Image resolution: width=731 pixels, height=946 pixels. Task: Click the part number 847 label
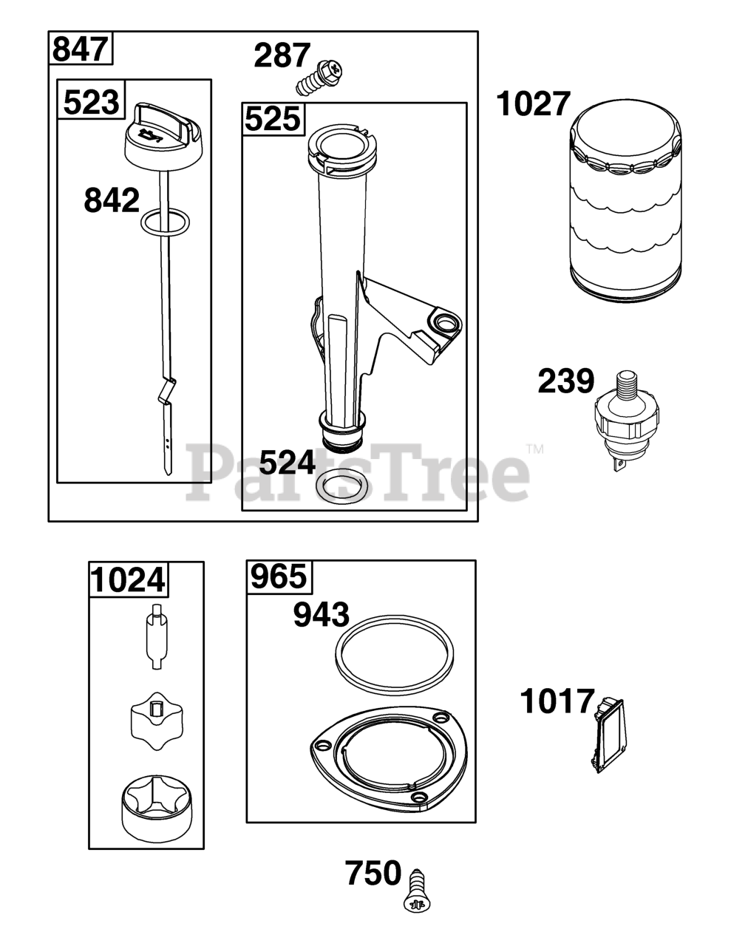80,49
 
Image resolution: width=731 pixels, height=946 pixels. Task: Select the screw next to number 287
319,78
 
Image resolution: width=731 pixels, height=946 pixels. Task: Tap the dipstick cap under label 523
165,137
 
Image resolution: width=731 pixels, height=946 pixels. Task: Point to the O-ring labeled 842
165,222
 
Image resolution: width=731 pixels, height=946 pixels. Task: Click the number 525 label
273,119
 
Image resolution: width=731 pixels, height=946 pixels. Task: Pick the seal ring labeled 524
341,486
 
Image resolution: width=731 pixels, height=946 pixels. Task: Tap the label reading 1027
534,104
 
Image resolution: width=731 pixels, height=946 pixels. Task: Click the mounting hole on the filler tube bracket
445,321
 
